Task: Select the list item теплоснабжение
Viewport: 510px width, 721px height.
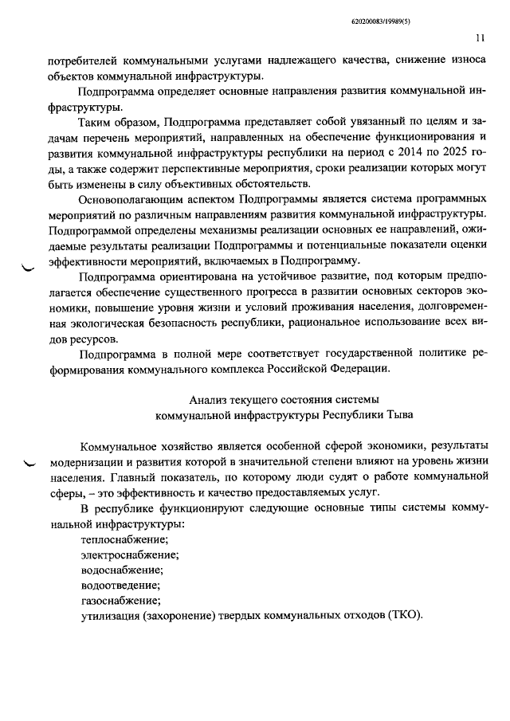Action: [x=119, y=539]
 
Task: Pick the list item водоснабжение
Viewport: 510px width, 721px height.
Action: [x=116, y=570]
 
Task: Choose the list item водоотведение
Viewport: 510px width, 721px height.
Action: [x=116, y=585]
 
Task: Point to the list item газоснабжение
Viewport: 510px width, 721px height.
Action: [x=115, y=600]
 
